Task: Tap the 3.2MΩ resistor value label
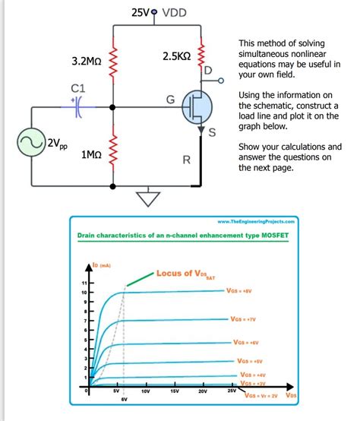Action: (87, 60)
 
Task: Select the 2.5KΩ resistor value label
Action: (176, 57)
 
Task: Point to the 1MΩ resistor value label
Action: (90, 154)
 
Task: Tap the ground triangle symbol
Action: (144, 198)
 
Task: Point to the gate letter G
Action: (170, 100)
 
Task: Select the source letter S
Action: (213, 134)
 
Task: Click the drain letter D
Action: (208, 70)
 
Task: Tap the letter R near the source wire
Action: (185, 160)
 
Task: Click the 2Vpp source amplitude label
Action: (57, 143)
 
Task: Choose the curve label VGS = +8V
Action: (244, 291)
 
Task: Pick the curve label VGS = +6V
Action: (248, 342)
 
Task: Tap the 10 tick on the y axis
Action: (84, 293)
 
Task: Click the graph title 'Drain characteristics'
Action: (182, 236)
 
